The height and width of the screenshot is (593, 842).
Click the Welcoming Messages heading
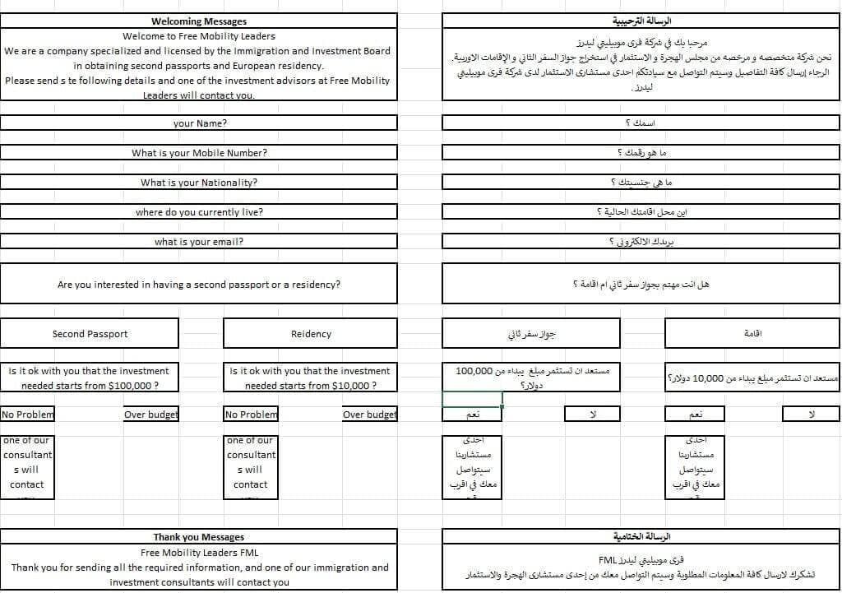click(199, 21)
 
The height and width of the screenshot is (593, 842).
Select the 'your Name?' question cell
click(200, 123)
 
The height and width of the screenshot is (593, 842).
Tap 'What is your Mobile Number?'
click(199, 153)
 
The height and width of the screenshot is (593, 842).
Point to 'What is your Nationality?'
click(199, 183)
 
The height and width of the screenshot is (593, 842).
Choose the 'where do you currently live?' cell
click(199, 212)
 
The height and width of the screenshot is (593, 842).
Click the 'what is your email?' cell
click(199, 242)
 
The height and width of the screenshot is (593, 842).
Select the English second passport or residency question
click(199, 285)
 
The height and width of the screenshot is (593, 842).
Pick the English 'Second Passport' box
click(90, 334)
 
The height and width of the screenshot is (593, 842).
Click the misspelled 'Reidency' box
click(311, 334)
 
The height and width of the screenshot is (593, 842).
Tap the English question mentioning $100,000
click(90, 378)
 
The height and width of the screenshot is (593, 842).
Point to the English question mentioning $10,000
click(311, 378)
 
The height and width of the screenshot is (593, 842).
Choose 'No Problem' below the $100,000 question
click(27, 415)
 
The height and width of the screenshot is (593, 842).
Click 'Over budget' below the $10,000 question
click(369, 415)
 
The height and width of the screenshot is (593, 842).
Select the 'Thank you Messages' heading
click(199, 537)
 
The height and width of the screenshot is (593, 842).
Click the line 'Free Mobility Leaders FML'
click(199, 553)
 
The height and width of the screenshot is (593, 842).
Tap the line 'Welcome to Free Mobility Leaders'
click(199, 36)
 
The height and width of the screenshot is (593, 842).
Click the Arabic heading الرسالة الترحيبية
click(642, 21)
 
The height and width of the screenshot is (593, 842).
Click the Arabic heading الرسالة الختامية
click(642, 537)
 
